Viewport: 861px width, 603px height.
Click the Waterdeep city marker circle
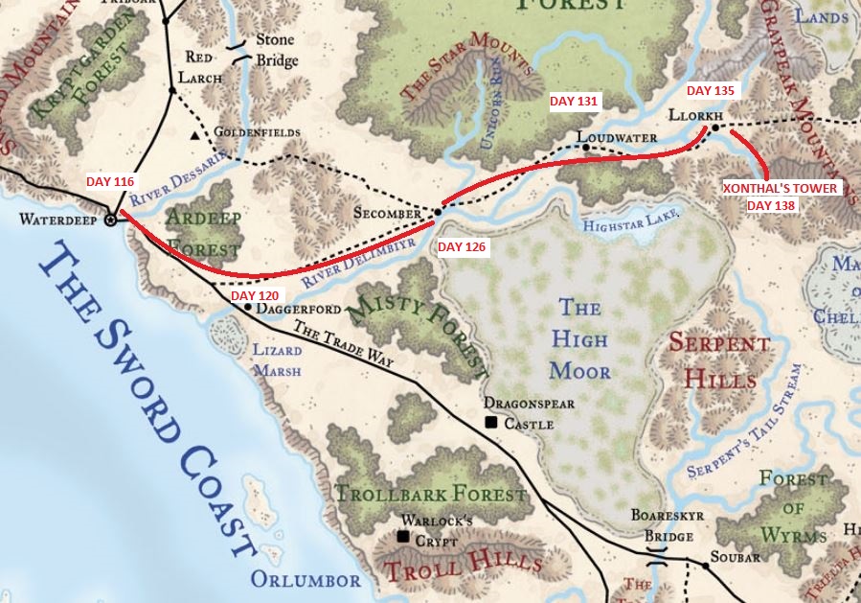(x=110, y=220)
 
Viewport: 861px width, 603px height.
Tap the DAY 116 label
(x=111, y=181)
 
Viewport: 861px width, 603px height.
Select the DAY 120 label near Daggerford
(x=255, y=295)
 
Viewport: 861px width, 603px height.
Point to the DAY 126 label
(x=463, y=247)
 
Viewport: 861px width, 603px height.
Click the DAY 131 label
(x=573, y=101)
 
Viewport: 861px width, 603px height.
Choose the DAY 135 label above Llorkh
(x=711, y=90)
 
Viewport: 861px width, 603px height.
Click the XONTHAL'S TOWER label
(x=780, y=189)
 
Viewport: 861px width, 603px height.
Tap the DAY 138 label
(x=771, y=205)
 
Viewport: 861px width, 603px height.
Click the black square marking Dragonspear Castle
(x=491, y=422)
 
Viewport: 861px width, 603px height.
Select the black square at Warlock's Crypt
(x=403, y=537)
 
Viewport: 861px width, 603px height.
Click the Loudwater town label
(x=623, y=138)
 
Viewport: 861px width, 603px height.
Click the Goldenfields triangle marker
(x=195, y=136)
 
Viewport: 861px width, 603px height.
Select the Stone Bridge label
(x=276, y=51)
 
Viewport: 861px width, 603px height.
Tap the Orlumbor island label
(x=306, y=580)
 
